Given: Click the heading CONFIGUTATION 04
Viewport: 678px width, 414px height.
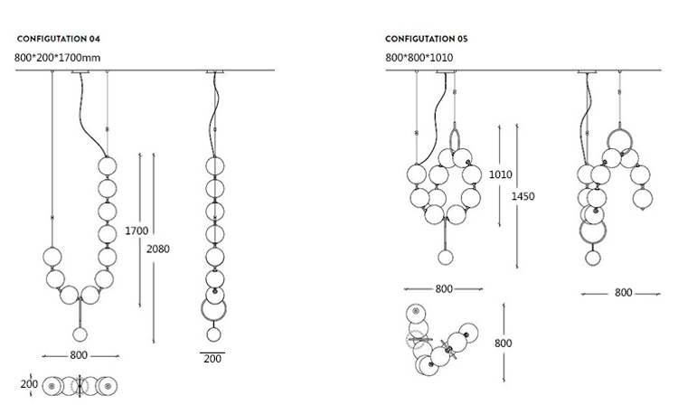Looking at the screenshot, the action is [x=59, y=39].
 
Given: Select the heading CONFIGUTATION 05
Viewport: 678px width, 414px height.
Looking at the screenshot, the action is [x=427, y=39].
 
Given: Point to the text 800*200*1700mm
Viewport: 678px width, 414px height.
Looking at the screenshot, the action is [x=57, y=58].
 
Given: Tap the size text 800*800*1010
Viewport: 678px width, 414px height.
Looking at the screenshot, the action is [x=419, y=58].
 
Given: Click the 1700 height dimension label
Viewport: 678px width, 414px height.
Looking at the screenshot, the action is [x=137, y=231].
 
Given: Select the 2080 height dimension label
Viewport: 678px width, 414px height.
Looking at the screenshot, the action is [x=158, y=249].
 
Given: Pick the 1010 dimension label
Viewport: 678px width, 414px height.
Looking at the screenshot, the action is [x=500, y=174].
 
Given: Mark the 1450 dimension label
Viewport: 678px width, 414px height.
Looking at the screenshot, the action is [x=523, y=196].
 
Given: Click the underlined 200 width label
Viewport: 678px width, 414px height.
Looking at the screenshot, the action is [x=212, y=359].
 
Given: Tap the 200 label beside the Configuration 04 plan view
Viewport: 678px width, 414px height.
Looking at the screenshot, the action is [x=29, y=384].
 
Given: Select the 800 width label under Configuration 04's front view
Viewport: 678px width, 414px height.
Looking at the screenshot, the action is [x=79, y=355].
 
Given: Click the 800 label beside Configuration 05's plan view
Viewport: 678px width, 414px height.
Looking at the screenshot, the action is [x=504, y=343].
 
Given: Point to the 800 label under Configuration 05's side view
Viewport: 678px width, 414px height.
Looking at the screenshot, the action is [x=624, y=293].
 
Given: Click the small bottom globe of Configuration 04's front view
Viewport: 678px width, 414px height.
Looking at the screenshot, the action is [x=80, y=334].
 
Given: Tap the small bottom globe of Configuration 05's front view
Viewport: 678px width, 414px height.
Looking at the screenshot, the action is [x=446, y=258].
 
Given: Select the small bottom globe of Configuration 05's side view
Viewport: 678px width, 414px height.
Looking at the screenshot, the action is [x=593, y=258].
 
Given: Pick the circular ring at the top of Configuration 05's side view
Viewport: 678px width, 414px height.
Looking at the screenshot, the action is [x=608, y=139].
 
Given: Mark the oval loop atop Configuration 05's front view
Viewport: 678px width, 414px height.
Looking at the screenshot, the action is [x=450, y=139].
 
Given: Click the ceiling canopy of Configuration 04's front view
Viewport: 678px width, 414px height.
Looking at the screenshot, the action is [x=80, y=71].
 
